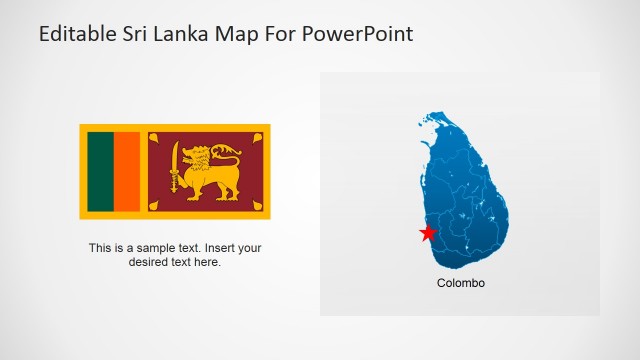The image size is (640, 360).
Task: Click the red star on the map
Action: pyautogui.click(x=428, y=233)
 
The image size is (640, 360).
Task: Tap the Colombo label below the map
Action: pyautogui.click(x=461, y=283)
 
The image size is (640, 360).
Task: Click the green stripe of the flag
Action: pyautogui.click(x=100, y=171)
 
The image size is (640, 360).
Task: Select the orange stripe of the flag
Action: pyautogui.click(x=126, y=171)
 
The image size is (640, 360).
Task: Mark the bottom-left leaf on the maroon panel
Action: pyautogui.click(x=157, y=205)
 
